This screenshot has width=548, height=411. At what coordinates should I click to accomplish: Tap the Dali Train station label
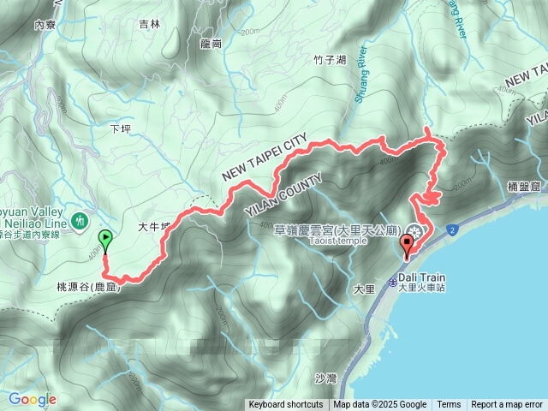(x=420, y=277)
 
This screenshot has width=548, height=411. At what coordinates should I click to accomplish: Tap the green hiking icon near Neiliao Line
(x=80, y=221)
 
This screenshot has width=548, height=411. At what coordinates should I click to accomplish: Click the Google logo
(x=32, y=399)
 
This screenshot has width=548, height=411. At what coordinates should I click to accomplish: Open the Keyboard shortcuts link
(x=286, y=405)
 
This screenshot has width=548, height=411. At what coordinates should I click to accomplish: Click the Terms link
(x=449, y=405)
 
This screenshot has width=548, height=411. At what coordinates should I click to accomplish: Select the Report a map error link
(x=507, y=405)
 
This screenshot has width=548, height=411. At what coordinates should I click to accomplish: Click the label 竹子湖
(x=330, y=60)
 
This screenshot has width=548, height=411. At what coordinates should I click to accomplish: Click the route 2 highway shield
(x=450, y=230)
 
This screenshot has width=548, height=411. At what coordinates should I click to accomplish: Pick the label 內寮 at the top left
(x=45, y=26)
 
